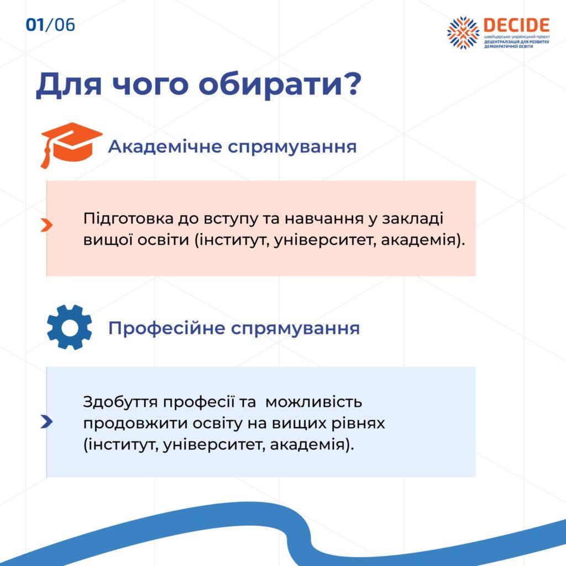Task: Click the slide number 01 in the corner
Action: click(35, 25)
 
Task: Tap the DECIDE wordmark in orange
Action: click(516, 25)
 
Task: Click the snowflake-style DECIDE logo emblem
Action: click(463, 33)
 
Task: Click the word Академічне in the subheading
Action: click(165, 146)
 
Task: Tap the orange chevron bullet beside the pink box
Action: click(46, 225)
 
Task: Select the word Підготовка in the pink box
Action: click(128, 219)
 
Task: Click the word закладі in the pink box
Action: click(412, 219)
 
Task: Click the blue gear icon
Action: click(69, 327)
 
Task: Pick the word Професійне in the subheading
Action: click(167, 328)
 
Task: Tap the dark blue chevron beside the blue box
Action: click(46, 422)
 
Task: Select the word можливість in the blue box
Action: click(314, 402)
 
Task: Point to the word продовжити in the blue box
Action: click(135, 423)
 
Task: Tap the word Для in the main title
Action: click(69, 85)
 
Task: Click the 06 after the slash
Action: click(65, 25)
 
